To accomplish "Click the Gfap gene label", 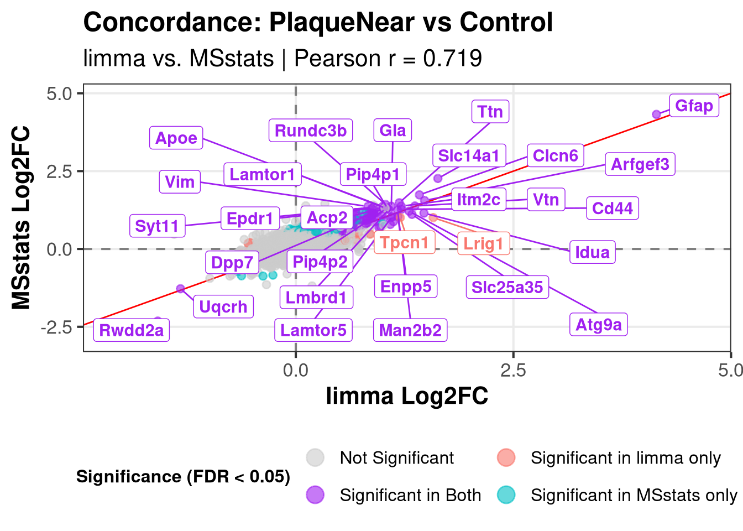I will coord(694,106).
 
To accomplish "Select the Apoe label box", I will coord(176,138).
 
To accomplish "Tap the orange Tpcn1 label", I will coord(404,243).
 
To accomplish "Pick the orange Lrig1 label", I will coord(483,243).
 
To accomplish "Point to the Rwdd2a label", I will coord(132,330).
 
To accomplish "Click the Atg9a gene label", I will coord(598,325).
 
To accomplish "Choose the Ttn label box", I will coord(490,112).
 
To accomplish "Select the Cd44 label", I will coord(612,209).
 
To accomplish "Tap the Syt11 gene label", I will coord(157,226).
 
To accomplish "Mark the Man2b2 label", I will coord(410,330).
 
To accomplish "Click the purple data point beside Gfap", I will coord(656,114).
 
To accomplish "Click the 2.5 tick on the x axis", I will coord(513,370).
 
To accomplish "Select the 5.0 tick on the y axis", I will coord(59,93).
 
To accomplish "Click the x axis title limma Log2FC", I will coord(407,396).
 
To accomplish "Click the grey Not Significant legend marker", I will coord(315,457).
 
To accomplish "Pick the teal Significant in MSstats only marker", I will coord(506,494).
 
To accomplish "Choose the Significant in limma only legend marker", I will coord(506,457).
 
